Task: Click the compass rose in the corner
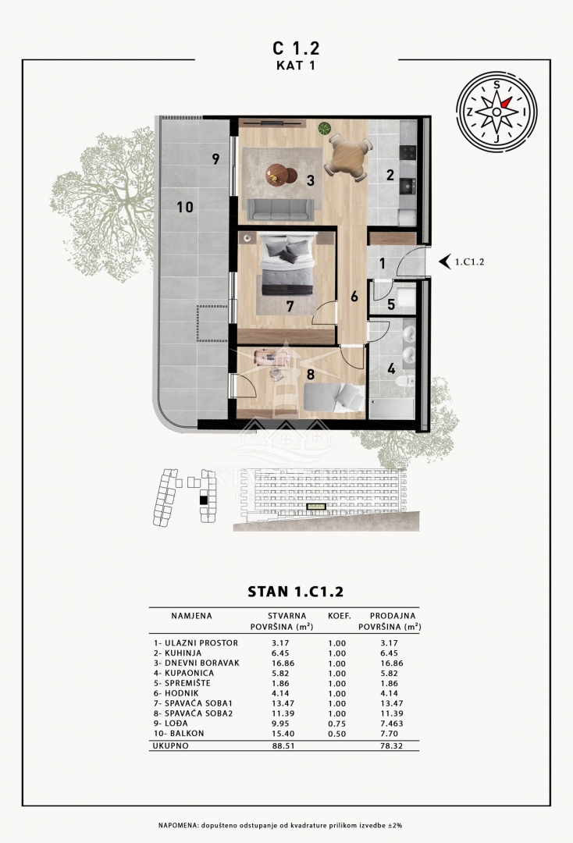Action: point(496,112)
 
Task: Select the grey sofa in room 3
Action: point(280,210)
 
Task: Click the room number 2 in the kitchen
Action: point(390,174)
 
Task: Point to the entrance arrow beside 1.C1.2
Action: point(444,261)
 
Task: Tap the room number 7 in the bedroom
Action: point(290,307)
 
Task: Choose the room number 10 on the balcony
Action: point(185,207)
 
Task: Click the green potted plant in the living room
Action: point(324,129)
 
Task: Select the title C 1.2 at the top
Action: point(296,48)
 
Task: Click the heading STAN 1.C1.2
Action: point(295,592)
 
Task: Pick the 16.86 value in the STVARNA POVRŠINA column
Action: point(283,663)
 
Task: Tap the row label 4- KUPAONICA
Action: point(183,673)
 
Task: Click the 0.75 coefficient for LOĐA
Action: point(337,724)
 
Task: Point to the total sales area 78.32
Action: point(391,746)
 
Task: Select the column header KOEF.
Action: point(339,616)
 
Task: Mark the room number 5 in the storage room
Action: point(391,304)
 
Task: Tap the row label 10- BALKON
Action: point(179,733)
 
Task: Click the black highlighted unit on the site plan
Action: point(203,500)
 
